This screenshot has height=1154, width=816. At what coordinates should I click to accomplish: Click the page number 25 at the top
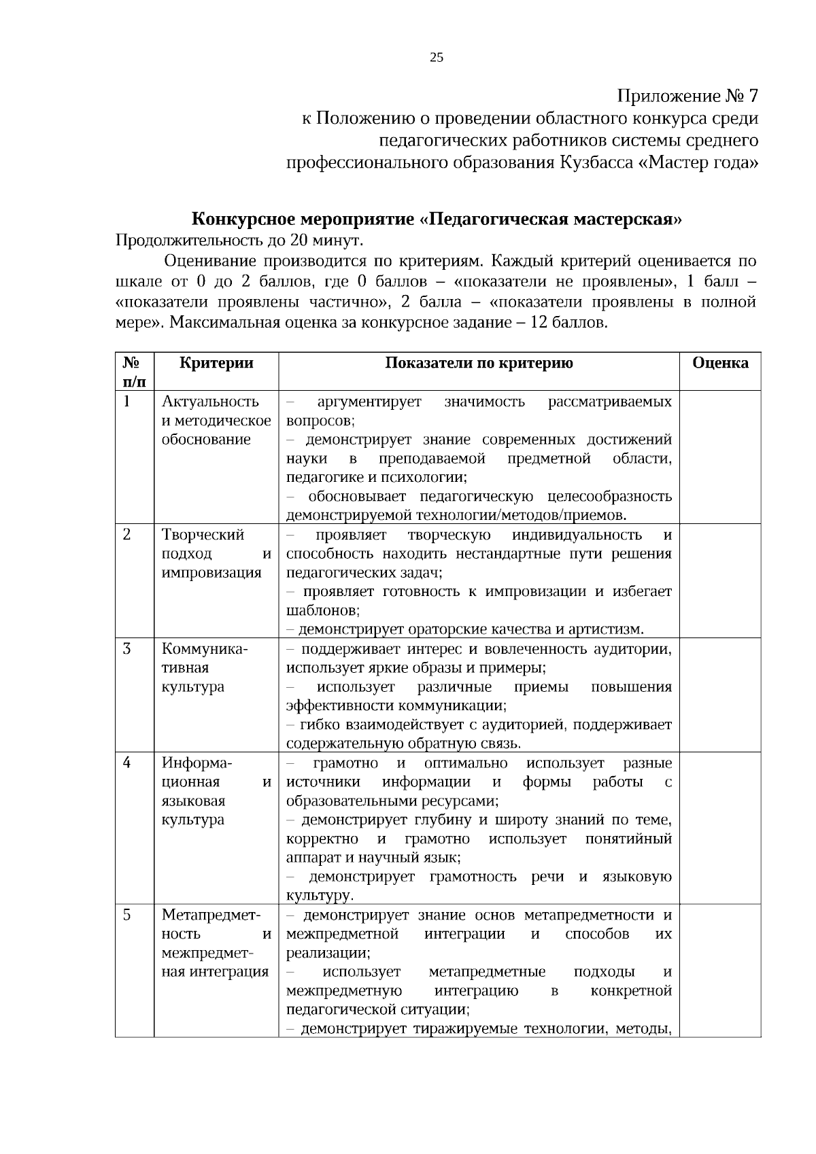437,58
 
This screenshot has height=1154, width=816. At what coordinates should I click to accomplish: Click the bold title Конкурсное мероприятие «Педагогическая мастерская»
436,220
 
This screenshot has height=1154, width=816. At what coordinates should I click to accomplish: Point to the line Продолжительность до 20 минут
240,241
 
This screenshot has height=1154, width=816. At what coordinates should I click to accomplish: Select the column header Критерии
216,363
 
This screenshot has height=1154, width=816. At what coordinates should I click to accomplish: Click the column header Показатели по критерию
479,363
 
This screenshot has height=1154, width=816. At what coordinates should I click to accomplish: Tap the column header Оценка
720,363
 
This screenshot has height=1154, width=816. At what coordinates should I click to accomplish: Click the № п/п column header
134,372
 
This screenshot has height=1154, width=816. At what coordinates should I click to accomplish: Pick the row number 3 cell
127,648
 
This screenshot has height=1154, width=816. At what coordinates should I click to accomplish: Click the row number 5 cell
127,915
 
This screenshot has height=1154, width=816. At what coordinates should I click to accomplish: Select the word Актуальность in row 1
210,402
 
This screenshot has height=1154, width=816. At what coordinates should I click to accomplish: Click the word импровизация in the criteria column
211,573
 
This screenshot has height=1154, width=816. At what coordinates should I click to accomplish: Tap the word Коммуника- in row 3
205,648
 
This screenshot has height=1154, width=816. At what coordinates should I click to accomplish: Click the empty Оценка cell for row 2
720,580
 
